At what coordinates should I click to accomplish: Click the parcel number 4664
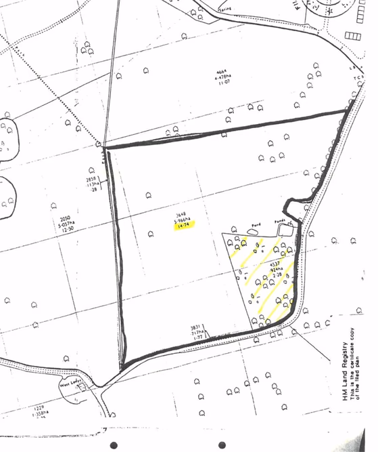coord(224,71)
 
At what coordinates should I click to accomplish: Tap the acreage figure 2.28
coord(276,273)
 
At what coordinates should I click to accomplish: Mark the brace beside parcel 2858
coord(103,184)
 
